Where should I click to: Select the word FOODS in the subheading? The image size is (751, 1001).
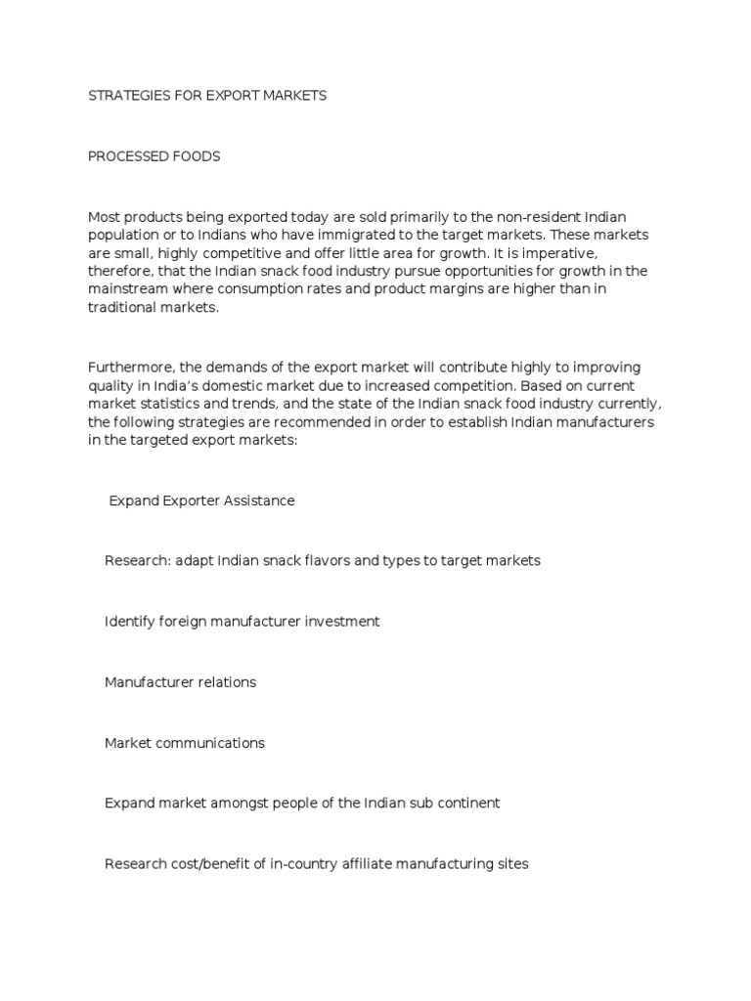point(197,156)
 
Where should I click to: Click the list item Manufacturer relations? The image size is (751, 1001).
point(180,682)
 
